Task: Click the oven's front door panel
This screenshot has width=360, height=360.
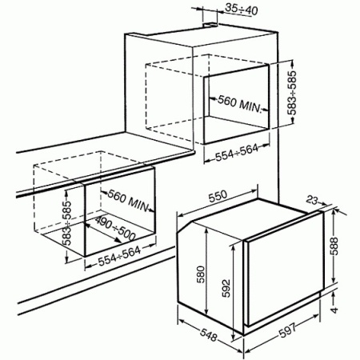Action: tap(284, 272)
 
